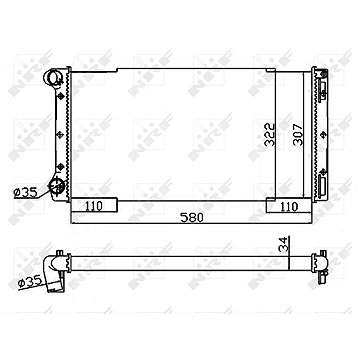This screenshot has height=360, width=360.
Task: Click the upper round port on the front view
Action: coord(53,78)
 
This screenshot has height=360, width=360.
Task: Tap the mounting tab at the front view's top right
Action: coord(321,72)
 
